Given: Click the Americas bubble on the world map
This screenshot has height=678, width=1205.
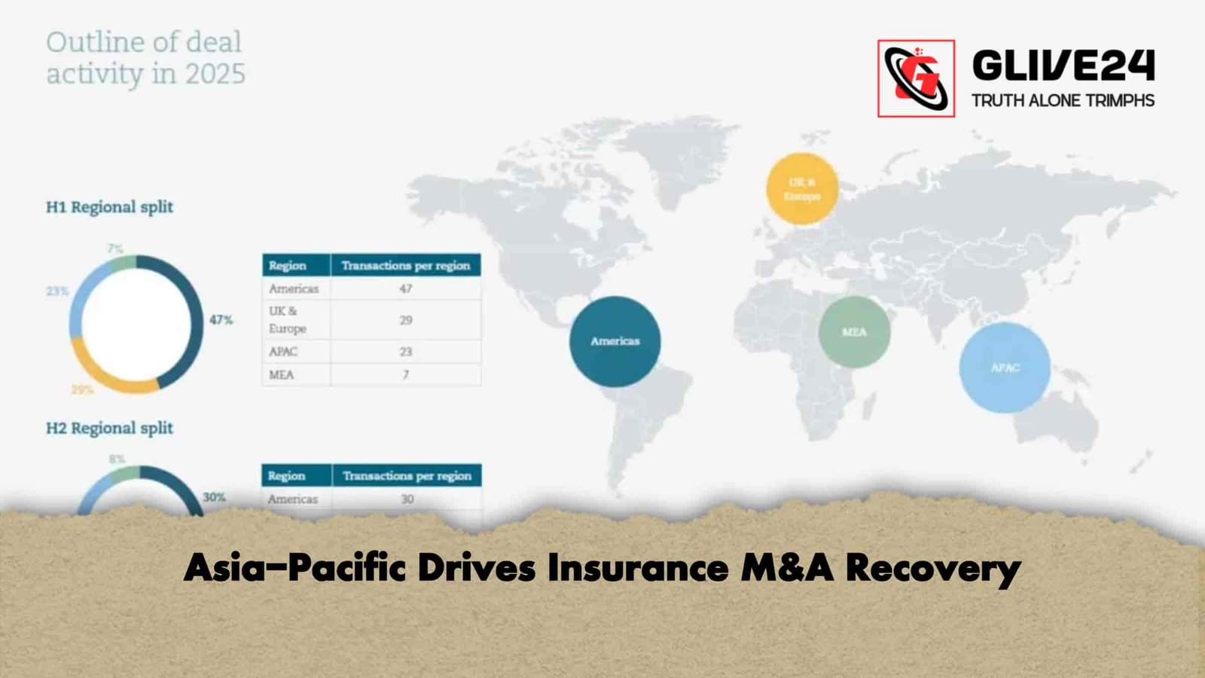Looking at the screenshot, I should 615,341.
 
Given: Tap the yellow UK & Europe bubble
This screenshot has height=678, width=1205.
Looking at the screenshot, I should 802,188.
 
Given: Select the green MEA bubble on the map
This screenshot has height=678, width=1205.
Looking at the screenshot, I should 854,332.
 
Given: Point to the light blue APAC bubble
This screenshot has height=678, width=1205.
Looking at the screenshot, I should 1005,368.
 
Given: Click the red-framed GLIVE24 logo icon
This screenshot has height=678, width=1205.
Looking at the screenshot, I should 916,78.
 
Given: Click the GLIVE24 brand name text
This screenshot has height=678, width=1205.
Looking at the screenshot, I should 1063,66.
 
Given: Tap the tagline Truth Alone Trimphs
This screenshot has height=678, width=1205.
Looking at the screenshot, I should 1063,100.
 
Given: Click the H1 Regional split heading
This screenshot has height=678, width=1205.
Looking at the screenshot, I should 109,206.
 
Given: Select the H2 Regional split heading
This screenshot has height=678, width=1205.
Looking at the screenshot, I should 109,428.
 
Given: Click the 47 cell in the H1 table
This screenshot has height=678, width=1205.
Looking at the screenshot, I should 406,289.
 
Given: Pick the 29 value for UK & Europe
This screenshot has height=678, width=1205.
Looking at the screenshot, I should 406,320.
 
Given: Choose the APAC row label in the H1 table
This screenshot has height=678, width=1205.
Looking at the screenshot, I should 283,352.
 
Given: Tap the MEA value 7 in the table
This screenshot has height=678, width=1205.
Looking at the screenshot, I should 406,374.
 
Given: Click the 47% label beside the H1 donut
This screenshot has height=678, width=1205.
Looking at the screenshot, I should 221,320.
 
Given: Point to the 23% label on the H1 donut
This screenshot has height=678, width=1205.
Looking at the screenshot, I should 57,291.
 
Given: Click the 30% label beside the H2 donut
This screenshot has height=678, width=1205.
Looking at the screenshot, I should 214,497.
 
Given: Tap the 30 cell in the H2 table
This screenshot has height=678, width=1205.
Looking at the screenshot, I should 407,499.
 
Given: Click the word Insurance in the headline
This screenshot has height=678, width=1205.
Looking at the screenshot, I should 637,568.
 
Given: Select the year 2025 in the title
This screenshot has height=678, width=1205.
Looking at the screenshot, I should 215,74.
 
